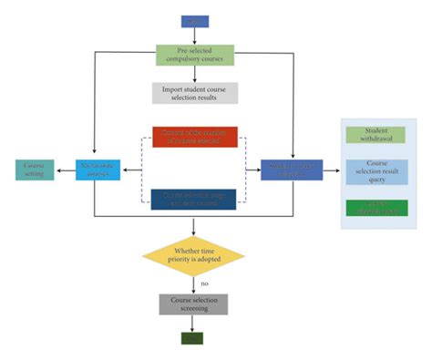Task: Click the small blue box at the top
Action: pos(194,20)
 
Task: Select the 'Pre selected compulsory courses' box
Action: pos(194,56)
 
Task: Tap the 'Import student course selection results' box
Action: pos(194,93)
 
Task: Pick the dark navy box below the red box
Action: pos(194,199)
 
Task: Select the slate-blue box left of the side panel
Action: pos(291,169)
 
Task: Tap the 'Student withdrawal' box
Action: pos(377,135)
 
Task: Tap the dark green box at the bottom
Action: pos(194,339)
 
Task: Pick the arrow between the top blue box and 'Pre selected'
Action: pos(194,37)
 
